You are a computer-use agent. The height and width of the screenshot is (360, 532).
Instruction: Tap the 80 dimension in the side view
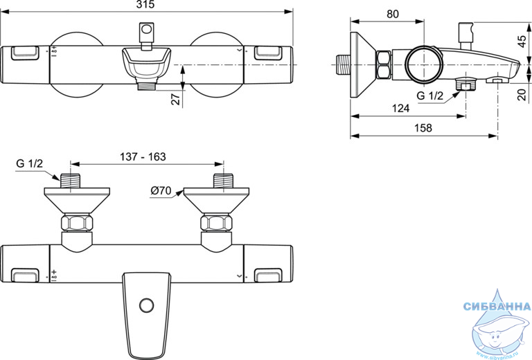coord(393,14)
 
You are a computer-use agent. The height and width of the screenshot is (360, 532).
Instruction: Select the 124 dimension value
coord(400,108)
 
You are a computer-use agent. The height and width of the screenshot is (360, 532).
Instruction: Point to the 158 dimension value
coord(423,128)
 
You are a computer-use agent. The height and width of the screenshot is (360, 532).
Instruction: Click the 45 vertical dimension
coord(522,42)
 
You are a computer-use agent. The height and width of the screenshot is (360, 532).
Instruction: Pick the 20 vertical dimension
coord(523,94)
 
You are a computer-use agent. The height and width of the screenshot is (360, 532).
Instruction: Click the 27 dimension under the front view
coord(176,99)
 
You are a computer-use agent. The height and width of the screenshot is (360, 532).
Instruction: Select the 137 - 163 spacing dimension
coord(143,156)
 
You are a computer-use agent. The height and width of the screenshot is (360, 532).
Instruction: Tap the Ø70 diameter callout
coord(161,191)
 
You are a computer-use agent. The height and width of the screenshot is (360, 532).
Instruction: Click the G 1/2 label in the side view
coord(430,96)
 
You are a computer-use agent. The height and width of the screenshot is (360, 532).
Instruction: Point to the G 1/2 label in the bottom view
coord(30,163)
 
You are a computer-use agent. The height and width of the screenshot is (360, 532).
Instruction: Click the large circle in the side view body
coord(424,64)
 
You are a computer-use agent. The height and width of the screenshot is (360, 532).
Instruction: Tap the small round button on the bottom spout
coord(146,306)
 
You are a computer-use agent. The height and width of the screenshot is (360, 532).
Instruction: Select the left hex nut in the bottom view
coord(77,223)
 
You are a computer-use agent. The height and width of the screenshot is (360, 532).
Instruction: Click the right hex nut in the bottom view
coord(216,223)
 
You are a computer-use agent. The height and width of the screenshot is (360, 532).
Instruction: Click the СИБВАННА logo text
coord(497,307)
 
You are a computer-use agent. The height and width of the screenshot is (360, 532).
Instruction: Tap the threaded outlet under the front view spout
coord(146,84)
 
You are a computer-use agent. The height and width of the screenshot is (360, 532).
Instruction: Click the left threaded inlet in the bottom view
coord(70,181)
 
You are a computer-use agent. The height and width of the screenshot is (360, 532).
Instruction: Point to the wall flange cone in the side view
coord(362,65)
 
